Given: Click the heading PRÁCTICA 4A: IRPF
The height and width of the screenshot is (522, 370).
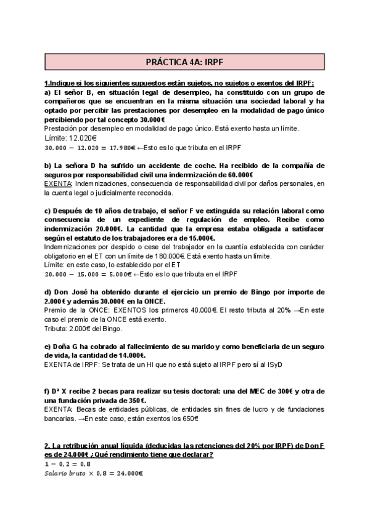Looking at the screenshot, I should (x=184, y=62).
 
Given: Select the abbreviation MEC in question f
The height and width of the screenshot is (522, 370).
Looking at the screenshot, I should (x=253, y=391).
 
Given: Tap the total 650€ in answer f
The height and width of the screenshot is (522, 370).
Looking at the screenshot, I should (x=188, y=419).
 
